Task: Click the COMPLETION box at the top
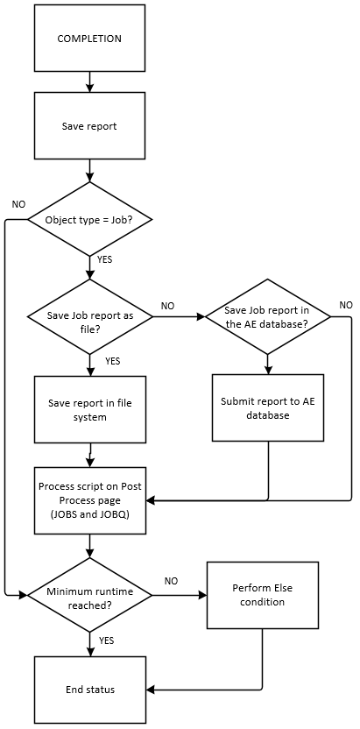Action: pos(89,39)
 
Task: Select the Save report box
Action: pos(89,126)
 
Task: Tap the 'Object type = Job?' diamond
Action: pos(89,218)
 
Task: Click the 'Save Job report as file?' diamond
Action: pos(89,316)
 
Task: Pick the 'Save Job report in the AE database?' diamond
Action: pos(267,316)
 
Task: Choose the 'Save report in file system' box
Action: pos(89,410)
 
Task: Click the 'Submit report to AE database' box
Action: pos(267,408)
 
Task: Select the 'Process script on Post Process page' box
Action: pos(89,499)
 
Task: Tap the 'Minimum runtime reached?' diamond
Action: pos(89,594)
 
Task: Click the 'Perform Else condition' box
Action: pos(262,595)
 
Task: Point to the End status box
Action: pos(89,690)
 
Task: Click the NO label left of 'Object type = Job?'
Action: pos(18,204)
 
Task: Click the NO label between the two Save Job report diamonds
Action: pos(168,306)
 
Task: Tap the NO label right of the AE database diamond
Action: pos(345,305)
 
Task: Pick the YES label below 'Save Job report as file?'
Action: pos(112,361)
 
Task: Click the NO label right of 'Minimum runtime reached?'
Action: pos(171,581)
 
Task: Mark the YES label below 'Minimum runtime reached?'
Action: pos(107,641)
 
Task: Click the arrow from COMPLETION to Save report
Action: pos(89,82)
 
